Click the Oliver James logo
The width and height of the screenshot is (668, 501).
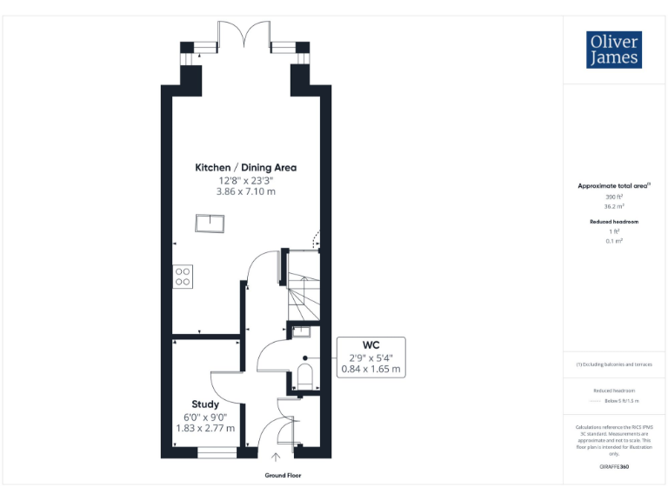(615, 50)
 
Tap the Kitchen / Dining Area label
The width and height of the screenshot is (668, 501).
(245, 168)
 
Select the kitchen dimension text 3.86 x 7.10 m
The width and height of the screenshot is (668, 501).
(245, 190)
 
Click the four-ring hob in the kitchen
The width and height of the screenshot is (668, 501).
(183, 277)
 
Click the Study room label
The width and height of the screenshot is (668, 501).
(205, 404)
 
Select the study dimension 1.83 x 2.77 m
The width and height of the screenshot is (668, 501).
(205, 428)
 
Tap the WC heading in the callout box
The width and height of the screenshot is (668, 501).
(371, 344)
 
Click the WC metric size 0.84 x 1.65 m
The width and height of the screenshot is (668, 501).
(371, 369)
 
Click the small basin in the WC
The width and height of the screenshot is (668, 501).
(302, 330)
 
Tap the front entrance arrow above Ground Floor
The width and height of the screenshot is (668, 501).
(277, 457)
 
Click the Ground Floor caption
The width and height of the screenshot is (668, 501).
(283, 476)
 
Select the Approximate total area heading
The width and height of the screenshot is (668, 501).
(614, 186)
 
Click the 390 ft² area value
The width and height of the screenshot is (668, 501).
(614, 197)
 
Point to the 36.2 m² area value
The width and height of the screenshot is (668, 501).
(614, 207)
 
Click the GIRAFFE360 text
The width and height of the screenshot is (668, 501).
(614, 468)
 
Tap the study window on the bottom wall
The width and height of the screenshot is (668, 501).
(217, 451)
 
